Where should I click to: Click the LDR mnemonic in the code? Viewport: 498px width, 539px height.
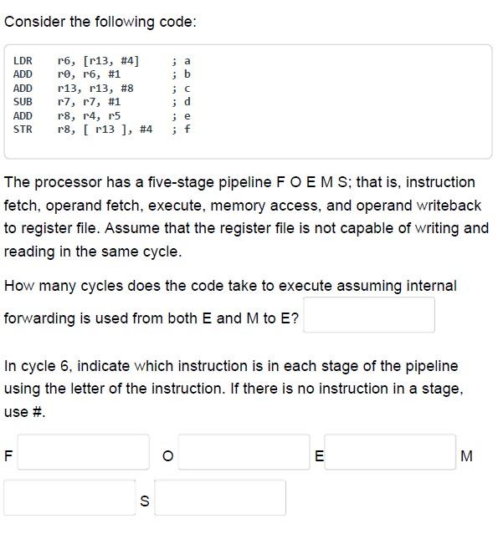point(23,60)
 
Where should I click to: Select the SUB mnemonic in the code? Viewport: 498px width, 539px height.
point(23,101)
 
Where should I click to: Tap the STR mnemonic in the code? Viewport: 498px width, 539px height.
point(23,129)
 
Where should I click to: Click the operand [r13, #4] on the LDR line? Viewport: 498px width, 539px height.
point(111,60)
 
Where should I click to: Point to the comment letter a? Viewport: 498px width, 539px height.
point(187,60)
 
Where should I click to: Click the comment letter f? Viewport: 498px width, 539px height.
point(187,129)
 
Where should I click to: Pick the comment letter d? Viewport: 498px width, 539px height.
point(187,101)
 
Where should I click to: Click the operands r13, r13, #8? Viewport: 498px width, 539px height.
point(95,88)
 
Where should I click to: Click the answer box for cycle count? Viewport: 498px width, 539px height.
point(368,315)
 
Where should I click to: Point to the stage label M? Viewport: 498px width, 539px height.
point(467,456)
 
